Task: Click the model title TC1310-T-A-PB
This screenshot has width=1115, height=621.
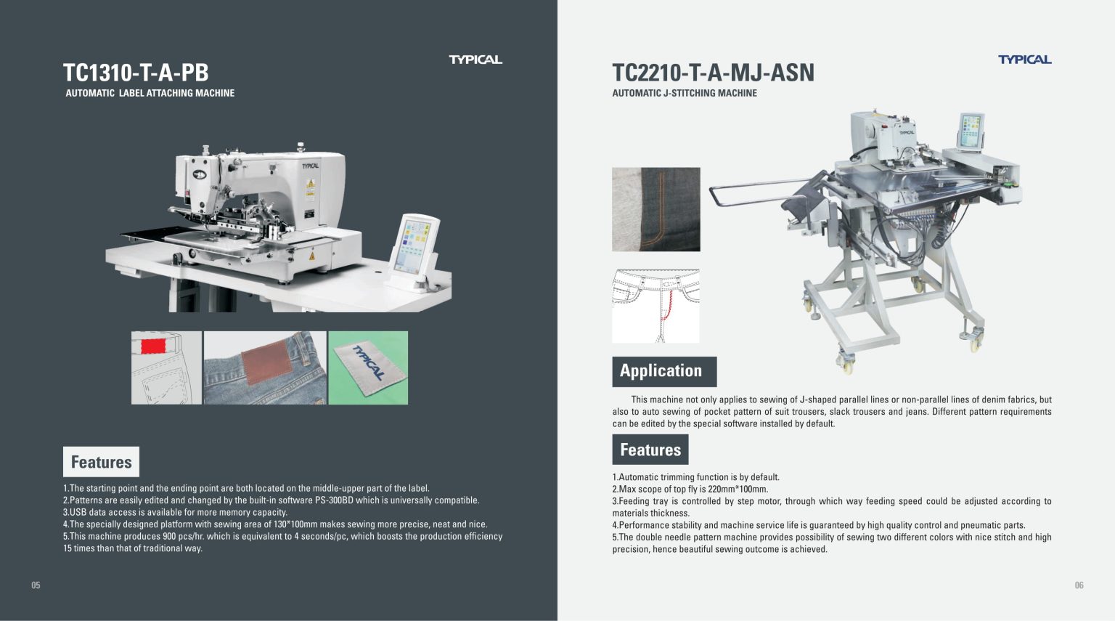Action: point(136,73)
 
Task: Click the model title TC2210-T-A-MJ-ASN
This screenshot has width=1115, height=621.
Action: point(713,73)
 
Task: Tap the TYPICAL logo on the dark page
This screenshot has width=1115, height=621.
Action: point(475,60)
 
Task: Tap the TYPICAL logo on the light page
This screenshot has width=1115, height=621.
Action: point(1024,60)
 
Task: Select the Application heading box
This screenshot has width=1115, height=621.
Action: point(664,371)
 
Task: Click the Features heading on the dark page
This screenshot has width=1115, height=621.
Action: point(101,462)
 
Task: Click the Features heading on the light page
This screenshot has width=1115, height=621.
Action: point(650,450)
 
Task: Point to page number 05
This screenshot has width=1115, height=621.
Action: point(36,585)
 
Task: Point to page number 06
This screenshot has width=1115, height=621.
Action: point(1079,585)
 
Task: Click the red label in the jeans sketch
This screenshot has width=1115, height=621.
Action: point(152,346)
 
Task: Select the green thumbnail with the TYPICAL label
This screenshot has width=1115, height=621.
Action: point(368,368)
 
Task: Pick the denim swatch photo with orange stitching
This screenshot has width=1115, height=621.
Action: point(656,209)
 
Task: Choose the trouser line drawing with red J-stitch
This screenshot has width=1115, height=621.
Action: point(655,306)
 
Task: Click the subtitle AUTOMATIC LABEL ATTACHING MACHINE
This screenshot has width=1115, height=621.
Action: point(150,93)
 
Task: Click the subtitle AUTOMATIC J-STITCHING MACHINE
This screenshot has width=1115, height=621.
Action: point(685,93)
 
